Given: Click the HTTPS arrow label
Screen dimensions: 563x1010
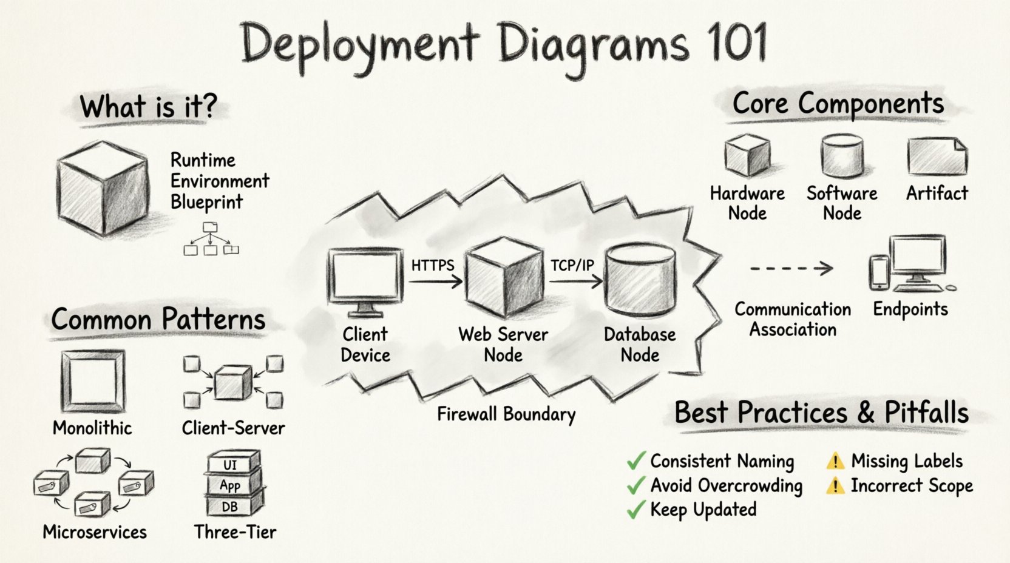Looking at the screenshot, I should click(x=433, y=266).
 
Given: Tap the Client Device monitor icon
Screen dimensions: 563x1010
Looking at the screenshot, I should click(x=365, y=281).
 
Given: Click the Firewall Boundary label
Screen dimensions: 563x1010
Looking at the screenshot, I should click(x=506, y=414).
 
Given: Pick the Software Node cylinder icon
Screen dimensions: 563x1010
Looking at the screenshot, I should click(x=842, y=156).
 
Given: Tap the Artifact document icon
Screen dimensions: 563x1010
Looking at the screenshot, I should click(x=937, y=156).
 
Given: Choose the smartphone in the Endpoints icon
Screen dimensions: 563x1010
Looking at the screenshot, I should click(x=879, y=272).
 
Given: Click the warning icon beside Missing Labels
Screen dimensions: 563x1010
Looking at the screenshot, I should click(x=835, y=462).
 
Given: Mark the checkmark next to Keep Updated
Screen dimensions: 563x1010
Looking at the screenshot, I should click(x=635, y=510).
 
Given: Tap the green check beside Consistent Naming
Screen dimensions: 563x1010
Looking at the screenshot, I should click(x=635, y=462).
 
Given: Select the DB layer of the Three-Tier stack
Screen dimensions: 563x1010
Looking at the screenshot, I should click(x=231, y=506).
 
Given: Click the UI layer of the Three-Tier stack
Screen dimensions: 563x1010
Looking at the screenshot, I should click(x=231, y=464).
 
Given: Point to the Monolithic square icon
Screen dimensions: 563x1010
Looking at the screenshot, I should click(x=93, y=381).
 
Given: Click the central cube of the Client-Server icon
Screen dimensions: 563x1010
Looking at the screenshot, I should click(x=232, y=382).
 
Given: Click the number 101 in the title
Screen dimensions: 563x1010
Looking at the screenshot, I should click(x=736, y=42).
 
